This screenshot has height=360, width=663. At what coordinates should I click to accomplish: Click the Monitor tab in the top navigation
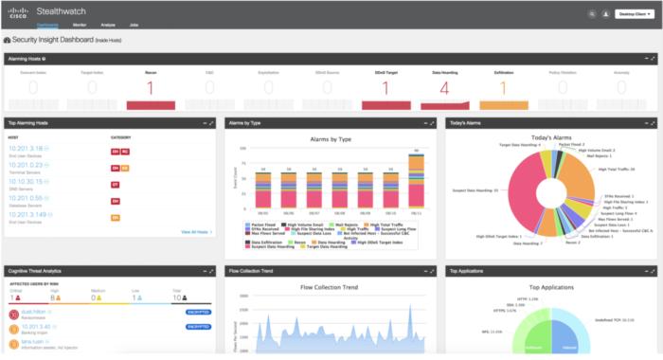[x=80, y=23]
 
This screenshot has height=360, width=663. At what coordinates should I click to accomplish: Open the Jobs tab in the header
[x=134, y=23]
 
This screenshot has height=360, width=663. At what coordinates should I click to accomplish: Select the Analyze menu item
[x=107, y=23]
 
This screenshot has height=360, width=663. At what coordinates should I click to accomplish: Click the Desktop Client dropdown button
[x=634, y=14]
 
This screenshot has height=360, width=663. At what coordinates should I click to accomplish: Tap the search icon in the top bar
[x=592, y=14]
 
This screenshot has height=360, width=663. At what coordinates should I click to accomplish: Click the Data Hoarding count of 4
[x=444, y=89]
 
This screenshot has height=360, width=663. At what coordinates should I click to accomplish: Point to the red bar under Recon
[x=151, y=102]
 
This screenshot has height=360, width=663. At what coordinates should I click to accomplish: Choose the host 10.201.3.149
[x=27, y=213]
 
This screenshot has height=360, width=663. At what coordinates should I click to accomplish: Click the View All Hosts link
[x=195, y=231]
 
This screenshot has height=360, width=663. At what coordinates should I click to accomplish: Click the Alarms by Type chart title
[x=331, y=139]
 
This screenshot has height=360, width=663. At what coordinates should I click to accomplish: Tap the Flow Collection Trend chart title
[x=331, y=287]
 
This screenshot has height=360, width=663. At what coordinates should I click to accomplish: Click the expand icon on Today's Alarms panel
[x=652, y=122]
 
